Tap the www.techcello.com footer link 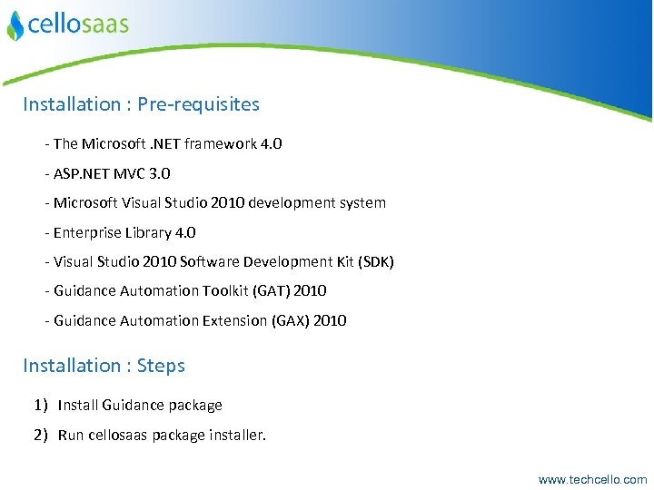click(x=592, y=479)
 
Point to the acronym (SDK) click(x=376, y=262)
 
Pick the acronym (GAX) click(x=290, y=320)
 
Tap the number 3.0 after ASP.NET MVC click(x=159, y=173)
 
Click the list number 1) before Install click(x=41, y=405)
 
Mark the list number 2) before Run click(x=41, y=435)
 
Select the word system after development click(x=362, y=203)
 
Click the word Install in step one click(x=76, y=405)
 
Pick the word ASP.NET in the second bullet click(x=79, y=173)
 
